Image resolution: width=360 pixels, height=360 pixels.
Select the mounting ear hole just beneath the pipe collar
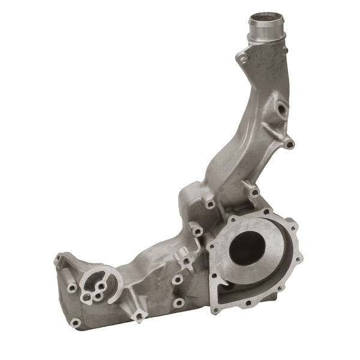pyautogui.click(x=242, y=59)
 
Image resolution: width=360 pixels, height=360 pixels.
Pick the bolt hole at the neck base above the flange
pyautogui.click(x=253, y=192)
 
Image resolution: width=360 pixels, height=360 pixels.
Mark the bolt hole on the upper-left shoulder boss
pyautogui.click(x=210, y=205)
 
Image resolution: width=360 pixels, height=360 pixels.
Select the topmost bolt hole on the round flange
pyautogui.click(x=266, y=213)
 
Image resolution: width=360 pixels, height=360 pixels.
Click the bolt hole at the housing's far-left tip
pyautogui.click(x=59, y=259)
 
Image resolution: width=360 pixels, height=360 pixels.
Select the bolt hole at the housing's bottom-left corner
pyautogui.click(x=76, y=323)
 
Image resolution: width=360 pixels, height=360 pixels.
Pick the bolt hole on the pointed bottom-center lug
pyautogui.click(x=139, y=316)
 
